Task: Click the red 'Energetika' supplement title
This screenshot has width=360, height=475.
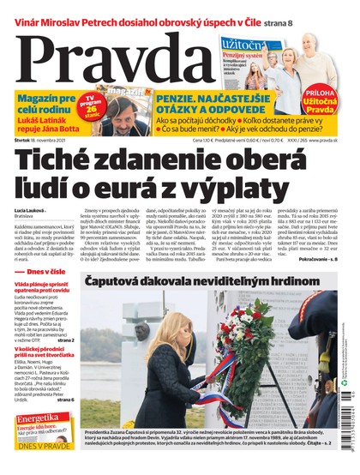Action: (39, 418)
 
